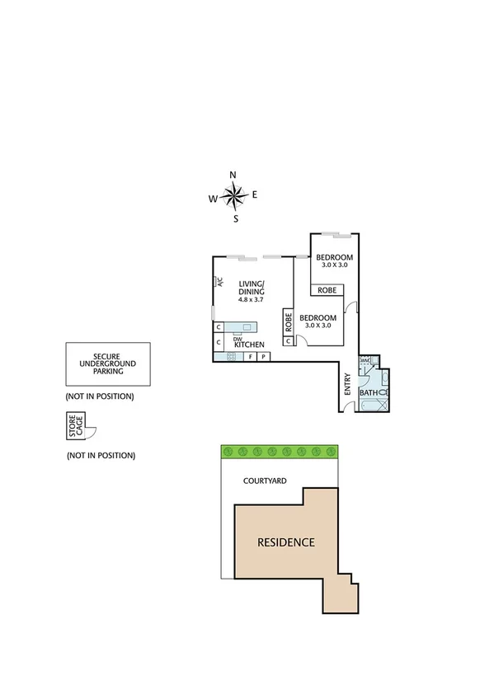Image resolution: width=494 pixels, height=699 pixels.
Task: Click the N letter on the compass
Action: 233,175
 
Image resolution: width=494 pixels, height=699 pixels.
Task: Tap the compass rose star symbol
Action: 234,196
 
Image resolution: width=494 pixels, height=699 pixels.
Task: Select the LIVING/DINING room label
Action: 252,288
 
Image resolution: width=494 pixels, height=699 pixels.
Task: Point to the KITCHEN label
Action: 249,344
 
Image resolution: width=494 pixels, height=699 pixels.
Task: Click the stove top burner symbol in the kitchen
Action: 231,357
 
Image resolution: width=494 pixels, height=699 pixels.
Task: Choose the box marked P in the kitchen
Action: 263,357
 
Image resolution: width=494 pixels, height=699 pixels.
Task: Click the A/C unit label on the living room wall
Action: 221,281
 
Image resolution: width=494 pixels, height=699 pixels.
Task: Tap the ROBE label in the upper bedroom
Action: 327,290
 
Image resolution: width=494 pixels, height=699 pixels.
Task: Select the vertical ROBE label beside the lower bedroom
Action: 289,321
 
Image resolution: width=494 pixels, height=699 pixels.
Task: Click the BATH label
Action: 368,393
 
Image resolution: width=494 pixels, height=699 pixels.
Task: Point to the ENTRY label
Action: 347,386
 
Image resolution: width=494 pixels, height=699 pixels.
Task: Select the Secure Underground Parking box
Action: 108,364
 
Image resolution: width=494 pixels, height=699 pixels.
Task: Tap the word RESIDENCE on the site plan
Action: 286,542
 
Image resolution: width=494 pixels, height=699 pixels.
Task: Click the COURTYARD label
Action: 265,480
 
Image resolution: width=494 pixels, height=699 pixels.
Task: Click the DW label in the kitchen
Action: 238,337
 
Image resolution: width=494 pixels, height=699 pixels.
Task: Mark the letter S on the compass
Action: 235,219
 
